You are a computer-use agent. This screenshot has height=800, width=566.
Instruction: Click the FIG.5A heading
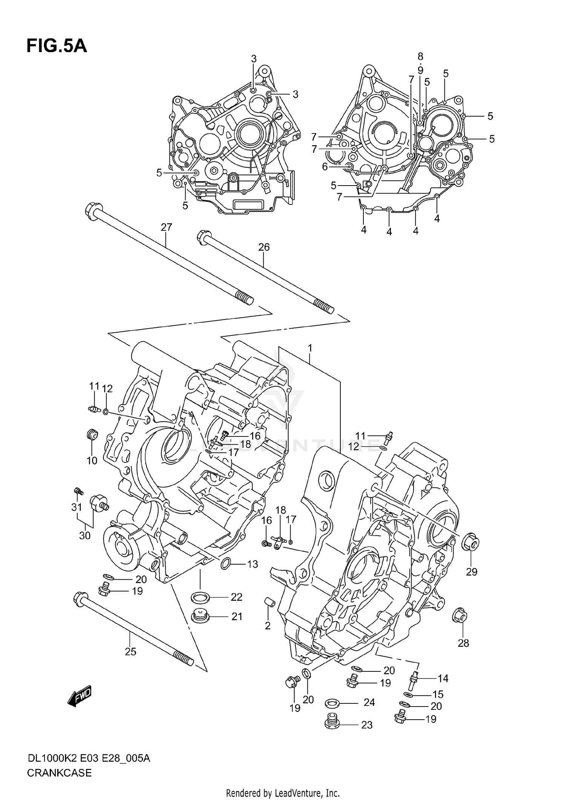[57, 46]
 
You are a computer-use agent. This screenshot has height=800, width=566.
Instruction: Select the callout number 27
[166, 227]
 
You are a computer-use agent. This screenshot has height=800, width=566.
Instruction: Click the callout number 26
[264, 247]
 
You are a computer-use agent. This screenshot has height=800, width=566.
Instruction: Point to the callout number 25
[130, 652]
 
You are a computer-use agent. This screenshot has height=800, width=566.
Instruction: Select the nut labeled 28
[460, 617]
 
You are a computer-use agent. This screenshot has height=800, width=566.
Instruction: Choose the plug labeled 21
[200, 617]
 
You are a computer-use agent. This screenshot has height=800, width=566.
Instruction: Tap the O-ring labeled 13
[226, 564]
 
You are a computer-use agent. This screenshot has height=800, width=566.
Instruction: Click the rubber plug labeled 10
[92, 435]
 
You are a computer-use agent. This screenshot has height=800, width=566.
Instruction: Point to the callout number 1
[310, 348]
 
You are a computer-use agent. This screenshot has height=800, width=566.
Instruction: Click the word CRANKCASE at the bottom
[59, 773]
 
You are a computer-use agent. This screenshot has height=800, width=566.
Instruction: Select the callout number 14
[443, 679]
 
